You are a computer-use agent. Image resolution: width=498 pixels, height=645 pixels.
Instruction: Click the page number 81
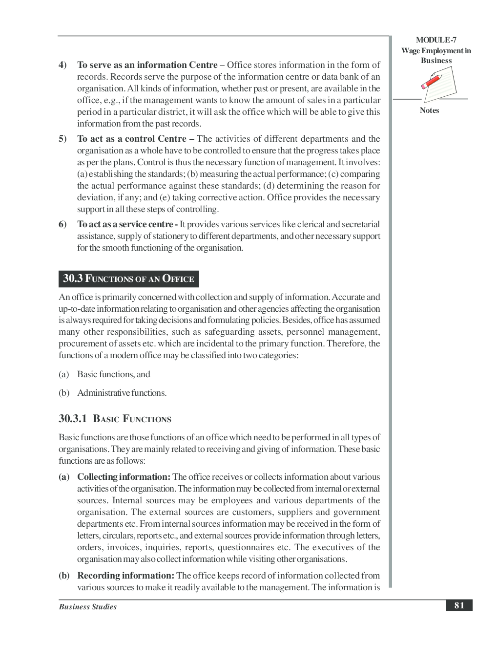point(459,605)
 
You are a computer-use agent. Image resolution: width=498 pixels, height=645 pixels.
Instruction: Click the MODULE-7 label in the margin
point(436,40)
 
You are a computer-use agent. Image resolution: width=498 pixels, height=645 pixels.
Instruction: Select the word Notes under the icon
point(429,110)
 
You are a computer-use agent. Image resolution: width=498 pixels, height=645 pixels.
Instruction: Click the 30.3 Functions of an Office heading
point(128,279)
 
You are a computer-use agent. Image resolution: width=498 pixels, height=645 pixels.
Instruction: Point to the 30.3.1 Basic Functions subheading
point(115,419)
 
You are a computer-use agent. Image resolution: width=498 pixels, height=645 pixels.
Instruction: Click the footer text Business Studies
point(87,607)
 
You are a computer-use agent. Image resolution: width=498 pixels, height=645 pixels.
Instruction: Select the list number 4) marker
point(62,65)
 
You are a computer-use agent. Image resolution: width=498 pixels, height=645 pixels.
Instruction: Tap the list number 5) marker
point(62,139)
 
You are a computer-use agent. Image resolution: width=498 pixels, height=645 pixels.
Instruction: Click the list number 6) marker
point(62,224)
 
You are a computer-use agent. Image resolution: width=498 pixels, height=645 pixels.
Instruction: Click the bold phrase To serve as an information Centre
point(147,65)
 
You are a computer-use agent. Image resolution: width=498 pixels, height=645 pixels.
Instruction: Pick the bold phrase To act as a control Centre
point(131,139)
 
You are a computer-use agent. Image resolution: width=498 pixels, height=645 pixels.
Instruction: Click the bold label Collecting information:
point(124,477)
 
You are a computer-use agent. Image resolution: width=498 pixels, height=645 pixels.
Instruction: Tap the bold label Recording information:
point(125,576)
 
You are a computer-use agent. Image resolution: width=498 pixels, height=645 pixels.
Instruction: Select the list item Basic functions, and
point(113,374)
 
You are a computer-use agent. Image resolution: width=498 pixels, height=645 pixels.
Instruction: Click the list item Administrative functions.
point(122,393)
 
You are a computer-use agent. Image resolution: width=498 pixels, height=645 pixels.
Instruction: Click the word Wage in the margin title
point(411,51)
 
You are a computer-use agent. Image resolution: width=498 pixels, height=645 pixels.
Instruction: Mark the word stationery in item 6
point(169,236)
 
